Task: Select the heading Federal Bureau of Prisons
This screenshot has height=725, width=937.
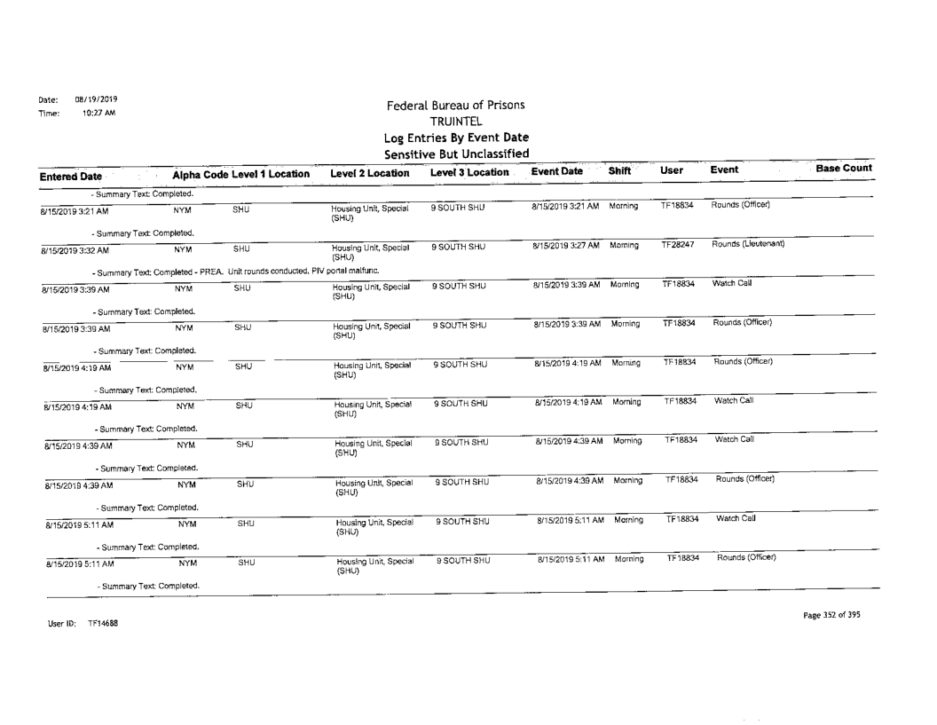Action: [x=456, y=106]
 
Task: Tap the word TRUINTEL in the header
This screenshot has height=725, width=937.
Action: [x=456, y=122]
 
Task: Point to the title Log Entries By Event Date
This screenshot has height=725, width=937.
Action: [x=456, y=138]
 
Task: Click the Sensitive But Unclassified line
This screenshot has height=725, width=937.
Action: [x=456, y=154]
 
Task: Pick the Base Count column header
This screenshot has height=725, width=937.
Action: [x=844, y=168]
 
